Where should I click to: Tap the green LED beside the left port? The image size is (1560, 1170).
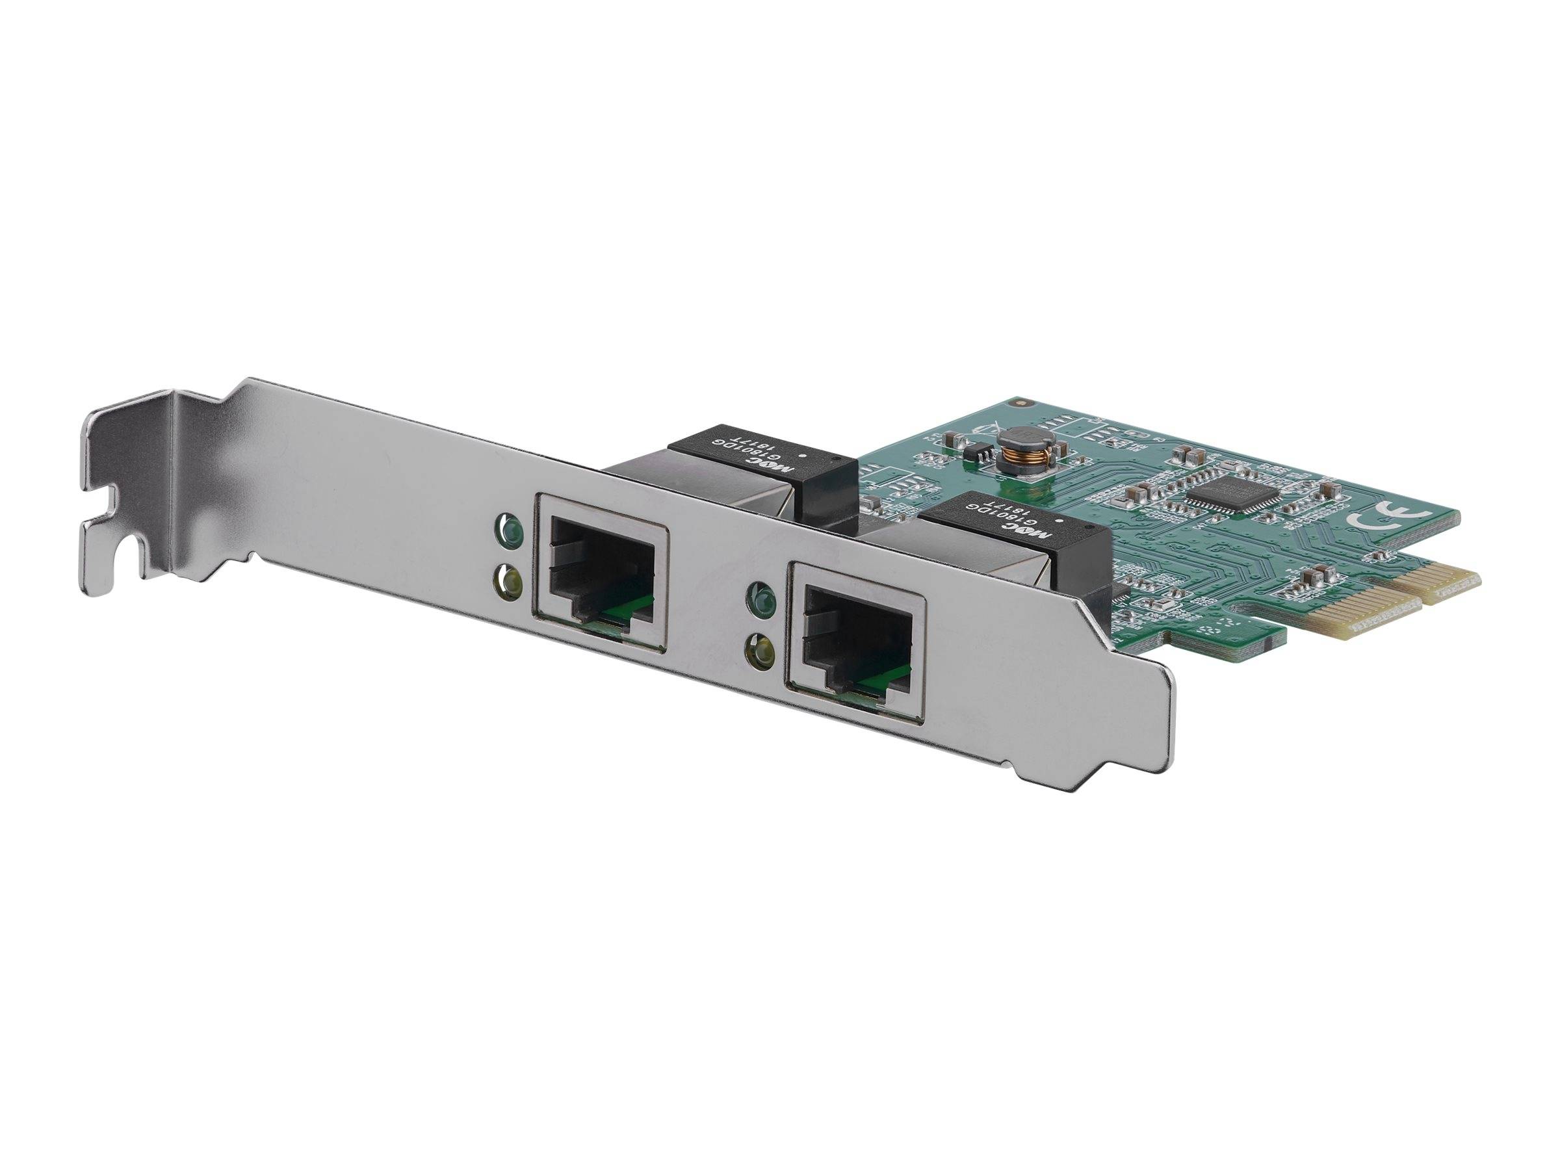pos(509,525)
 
